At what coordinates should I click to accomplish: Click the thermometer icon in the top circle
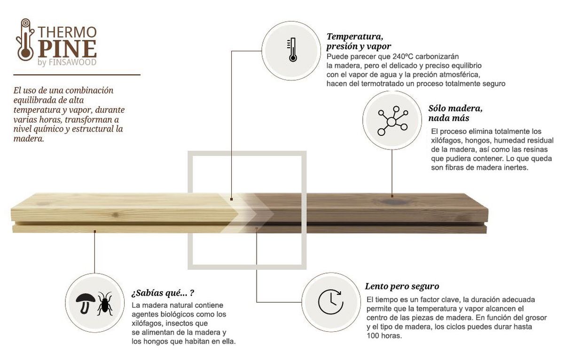click(292, 51)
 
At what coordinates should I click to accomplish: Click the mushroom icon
click(86, 302)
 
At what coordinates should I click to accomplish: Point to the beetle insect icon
click(104, 303)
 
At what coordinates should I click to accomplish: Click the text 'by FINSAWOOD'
click(66, 63)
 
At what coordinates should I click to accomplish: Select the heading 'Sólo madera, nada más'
click(455, 113)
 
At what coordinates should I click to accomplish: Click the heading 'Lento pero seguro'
click(402, 286)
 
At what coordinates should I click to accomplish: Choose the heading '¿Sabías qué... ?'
click(163, 294)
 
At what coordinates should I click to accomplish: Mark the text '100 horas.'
click(384, 336)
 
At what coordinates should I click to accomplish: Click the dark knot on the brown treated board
click(389, 203)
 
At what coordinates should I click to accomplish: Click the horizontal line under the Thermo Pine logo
click(77, 75)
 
